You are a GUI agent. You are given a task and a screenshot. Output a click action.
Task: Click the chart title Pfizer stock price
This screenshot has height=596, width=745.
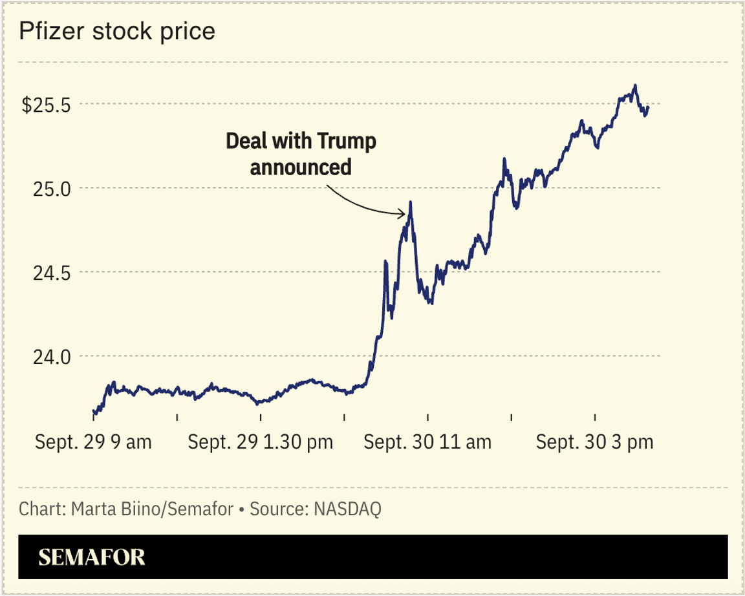click(116, 31)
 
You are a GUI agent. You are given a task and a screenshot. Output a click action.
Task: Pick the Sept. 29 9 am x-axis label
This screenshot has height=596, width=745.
click(93, 443)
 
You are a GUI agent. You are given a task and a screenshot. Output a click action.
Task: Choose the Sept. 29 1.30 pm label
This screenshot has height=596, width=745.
click(261, 443)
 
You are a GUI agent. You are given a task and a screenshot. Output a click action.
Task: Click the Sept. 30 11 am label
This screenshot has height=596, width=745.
click(427, 443)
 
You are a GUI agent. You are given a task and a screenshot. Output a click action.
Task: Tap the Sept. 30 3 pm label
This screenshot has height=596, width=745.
click(595, 443)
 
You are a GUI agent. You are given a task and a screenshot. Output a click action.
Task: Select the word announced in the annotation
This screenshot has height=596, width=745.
click(301, 167)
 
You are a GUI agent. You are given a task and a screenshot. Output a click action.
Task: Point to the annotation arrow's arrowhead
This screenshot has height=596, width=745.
click(405, 213)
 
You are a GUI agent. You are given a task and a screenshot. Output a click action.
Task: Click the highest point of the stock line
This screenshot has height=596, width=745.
click(635, 85)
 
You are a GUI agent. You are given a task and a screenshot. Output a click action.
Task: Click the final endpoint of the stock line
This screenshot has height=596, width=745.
click(648, 107)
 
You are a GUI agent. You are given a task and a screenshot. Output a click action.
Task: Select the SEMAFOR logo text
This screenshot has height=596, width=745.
click(91, 557)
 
